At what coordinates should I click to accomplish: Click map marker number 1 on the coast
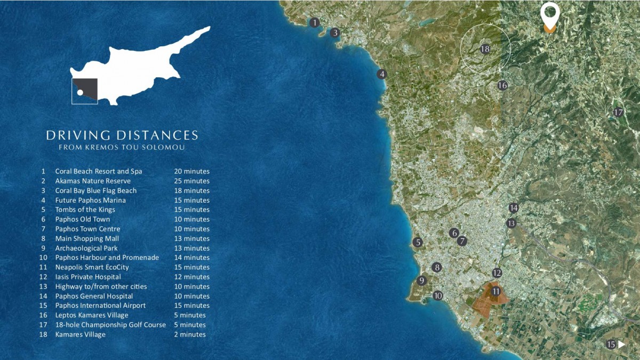(315, 22)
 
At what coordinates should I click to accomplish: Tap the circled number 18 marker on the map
(485, 49)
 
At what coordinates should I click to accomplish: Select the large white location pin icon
(549, 14)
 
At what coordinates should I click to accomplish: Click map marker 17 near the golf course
(618, 113)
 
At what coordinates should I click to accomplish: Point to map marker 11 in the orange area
(496, 291)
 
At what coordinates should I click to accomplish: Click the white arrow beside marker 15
(622, 345)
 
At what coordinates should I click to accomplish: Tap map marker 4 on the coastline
(382, 74)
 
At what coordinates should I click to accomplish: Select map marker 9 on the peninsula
(422, 281)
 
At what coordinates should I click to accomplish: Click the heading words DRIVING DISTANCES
(122, 135)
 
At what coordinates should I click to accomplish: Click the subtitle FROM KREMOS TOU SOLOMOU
(122, 147)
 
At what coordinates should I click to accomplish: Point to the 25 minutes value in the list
(191, 181)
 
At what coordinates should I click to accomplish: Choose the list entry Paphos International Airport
(100, 306)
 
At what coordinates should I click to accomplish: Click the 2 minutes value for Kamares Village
(189, 334)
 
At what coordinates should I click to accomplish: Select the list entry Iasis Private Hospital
(88, 277)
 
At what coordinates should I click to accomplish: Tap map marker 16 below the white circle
(502, 85)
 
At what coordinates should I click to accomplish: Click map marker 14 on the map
(514, 208)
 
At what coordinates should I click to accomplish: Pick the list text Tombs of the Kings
(85, 210)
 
